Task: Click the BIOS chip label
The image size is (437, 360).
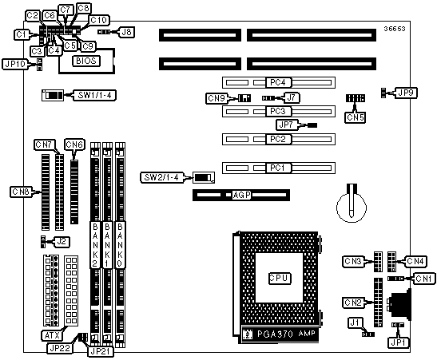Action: (x=86, y=61)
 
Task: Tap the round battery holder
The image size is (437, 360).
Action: (x=352, y=208)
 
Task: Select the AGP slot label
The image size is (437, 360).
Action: (x=241, y=195)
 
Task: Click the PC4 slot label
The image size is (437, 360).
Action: (x=277, y=82)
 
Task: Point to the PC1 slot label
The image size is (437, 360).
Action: (x=277, y=168)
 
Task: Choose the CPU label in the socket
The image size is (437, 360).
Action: (x=280, y=278)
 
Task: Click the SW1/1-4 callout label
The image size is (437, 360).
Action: (x=94, y=95)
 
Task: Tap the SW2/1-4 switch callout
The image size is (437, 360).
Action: (x=161, y=178)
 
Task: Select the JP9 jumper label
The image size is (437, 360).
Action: (x=406, y=93)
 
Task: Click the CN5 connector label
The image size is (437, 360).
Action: (x=355, y=117)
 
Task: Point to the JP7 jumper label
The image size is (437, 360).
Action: (x=287, y=125)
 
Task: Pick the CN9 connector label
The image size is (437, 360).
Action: (x=217, y=98)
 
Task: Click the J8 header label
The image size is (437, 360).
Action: (x=127, y=32)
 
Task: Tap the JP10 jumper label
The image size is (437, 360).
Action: (x=14, y=65)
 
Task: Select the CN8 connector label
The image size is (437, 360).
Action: (x=21, y=192)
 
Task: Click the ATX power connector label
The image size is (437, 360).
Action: (x=53, y=335)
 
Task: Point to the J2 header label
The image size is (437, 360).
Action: (x=62, y=242)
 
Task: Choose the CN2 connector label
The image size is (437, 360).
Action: (x=353, y=303)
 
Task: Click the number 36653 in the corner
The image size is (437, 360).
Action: (x=395, y=29)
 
